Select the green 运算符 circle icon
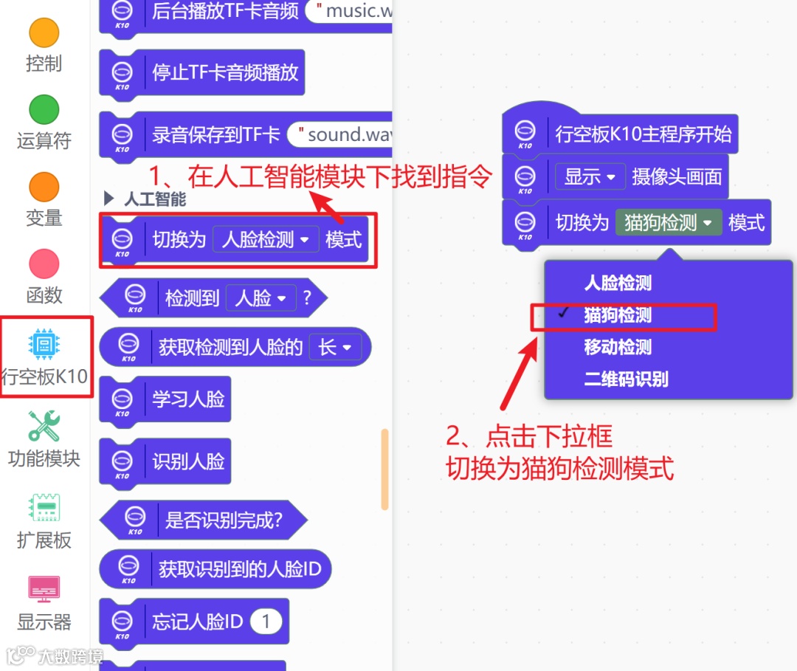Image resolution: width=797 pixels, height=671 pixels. pos(44,109)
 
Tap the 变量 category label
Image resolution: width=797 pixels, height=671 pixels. pos(44,218)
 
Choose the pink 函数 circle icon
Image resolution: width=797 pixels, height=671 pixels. pos(44,264)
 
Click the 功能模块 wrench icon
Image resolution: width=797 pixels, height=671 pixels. pos(44,426)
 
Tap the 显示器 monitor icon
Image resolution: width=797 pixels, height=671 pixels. pos(44,589)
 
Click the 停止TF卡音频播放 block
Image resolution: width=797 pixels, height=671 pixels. pos(224,72)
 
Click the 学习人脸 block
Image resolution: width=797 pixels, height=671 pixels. pos(187,399)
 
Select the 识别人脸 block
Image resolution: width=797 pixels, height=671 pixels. pos(187,462)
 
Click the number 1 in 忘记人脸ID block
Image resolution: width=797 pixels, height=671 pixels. pos(266,622)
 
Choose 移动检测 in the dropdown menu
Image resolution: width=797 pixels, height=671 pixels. pos(618,348)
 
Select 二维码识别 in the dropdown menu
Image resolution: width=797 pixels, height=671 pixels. pos(626,379)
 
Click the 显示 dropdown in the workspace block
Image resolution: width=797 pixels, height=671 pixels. pos(590,177)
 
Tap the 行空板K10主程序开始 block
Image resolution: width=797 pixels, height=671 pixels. pos(642,134)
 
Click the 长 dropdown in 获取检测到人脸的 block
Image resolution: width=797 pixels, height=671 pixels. pos(334,347)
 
